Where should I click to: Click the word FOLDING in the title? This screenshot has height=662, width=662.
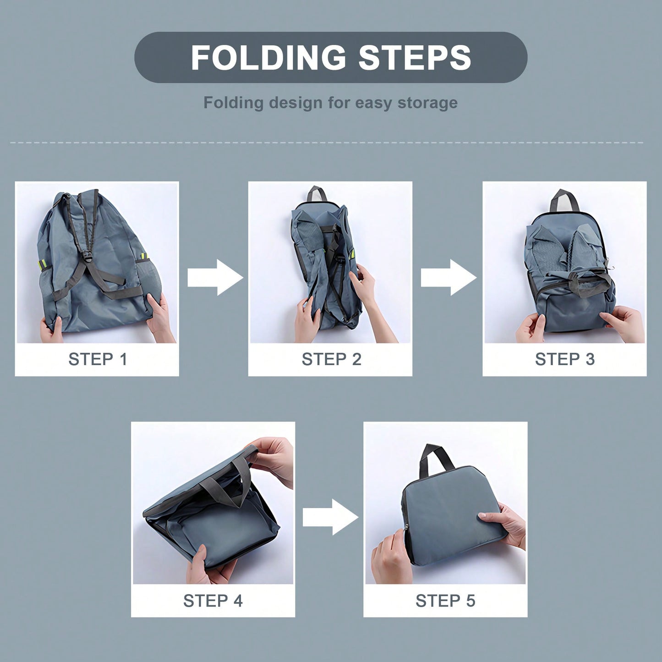pyautogui.click(x=268, y=57)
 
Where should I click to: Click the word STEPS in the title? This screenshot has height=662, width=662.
pyautogui.click(x=415, y=57)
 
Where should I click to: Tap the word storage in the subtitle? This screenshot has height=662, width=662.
pyautogui.click(x=428, y=103)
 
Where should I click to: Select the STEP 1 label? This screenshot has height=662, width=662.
pyautogui.click(x=98, y=359)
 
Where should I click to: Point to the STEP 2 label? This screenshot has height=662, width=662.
pyautogui.click(x=332, y=359)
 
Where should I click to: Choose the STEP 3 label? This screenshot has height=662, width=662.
pyautogui.click(x=565, y=359)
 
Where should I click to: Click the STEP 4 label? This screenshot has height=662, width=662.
pyautogui.click(x=213, y=601)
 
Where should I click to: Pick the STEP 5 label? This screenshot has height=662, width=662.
pyautogui.click(x=446, y=601)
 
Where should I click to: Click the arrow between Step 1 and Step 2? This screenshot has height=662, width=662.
pyautogui.click(x=215, y=278)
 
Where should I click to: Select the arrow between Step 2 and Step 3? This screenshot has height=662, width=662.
pyautogui.click(x=449, y=278)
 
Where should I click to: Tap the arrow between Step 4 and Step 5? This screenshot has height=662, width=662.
pyautogui.click(x=330, y=517)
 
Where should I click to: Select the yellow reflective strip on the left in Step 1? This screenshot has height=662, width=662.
pyautogui.click(x=43, y=264)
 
